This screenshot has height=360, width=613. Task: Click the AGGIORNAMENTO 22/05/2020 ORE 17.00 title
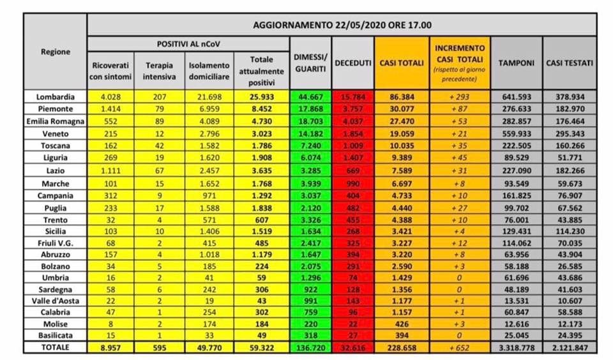pyautogui.click(x=342, y=25)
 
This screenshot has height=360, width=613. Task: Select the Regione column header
pyautogui.click(x=56, y=52)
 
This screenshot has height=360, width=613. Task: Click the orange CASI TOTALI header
pyautogui.click(x=402, y=63)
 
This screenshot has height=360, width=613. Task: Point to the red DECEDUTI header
pyautogui.click(x=353, y=63)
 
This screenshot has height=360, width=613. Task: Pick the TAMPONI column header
pyautogui.click(x=517, y=63)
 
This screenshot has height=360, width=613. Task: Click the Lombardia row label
pyautogui.click(x=56, y=97)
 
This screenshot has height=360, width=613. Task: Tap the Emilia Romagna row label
pyautogui.click(x=56, y=120)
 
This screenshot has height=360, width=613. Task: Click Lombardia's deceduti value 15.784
pyautogui.click(x=353, y=97)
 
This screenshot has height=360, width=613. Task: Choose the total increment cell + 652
pyautogui.click(x=459, y=347)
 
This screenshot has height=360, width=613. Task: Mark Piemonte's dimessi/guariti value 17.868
pyautogui.click(x=310, y=109)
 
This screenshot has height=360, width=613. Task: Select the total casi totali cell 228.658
pyautogui.click(x=402, y=347)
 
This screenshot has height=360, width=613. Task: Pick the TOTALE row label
pyautogui.click(x=56, y=347)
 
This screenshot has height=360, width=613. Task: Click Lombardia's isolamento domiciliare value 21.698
pyautogui.click(x=209, y=97)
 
